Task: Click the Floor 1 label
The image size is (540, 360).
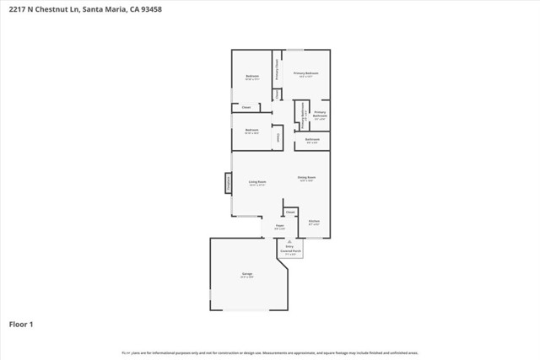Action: (21, 324)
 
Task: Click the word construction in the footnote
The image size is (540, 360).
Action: (235, 352)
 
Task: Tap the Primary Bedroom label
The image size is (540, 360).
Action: (305, 73)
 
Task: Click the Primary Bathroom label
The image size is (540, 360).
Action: (320, 115)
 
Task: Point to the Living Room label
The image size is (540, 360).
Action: (257, 182)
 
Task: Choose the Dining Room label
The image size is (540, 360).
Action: (305, 178)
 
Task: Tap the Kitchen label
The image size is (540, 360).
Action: (313, 223)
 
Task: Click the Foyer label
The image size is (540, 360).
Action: (279, 227)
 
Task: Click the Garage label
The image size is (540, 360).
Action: (247, 274)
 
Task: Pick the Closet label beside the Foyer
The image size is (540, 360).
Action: (290, 212)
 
